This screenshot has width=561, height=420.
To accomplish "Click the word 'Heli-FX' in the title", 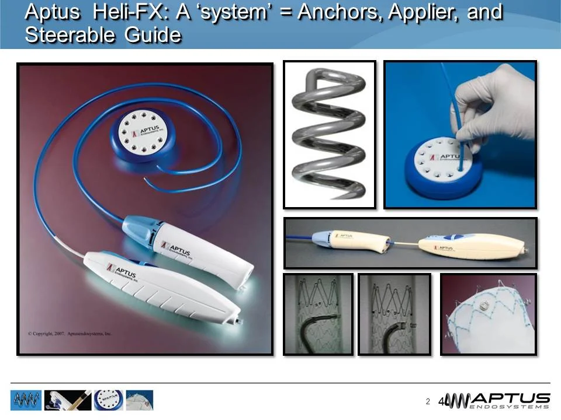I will tap(129, 12).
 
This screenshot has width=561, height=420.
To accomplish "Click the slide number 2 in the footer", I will tap(428, 401).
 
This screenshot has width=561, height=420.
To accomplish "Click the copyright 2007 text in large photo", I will tap(70, 334).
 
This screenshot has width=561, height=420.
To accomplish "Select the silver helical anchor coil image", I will tap(329, 134).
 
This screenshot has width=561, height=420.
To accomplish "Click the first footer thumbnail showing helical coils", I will tap(26, 400).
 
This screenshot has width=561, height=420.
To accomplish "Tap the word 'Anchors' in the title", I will tap(340, 12).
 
